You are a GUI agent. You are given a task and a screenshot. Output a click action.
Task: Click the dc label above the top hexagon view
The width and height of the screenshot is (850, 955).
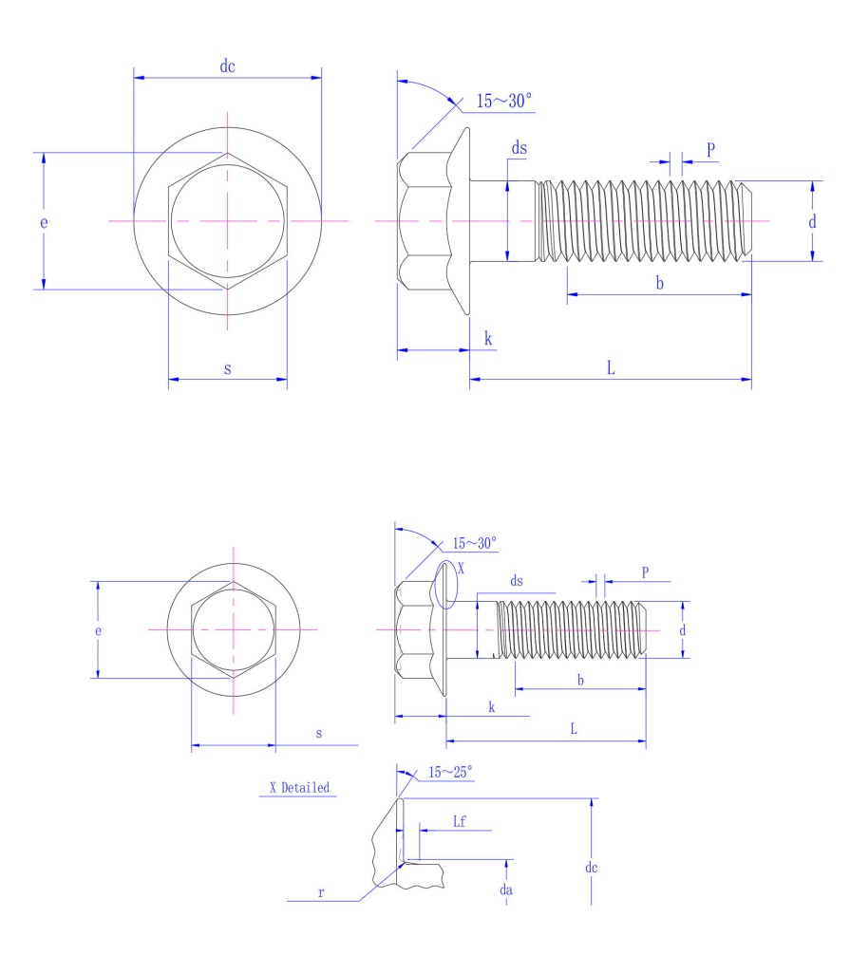(227, 66)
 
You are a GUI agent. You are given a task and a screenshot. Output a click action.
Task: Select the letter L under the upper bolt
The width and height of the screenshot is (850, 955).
(611, 368)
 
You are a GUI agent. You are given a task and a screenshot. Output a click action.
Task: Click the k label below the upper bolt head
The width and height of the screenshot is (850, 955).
(488, 339)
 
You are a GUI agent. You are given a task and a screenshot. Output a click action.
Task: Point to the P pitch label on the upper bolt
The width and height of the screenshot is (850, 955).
(710, 150)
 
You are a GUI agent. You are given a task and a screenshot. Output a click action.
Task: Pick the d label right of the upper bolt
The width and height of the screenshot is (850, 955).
(812, 222)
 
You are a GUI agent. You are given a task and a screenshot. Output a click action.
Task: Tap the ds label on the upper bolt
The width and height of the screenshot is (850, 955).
(519, 148)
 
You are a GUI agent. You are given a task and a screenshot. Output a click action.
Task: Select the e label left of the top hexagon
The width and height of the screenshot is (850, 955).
(44, 221)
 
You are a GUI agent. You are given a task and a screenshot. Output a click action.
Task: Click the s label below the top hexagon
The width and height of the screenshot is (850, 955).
(227, 368)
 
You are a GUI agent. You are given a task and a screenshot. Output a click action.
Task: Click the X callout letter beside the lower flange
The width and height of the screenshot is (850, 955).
(462, 568)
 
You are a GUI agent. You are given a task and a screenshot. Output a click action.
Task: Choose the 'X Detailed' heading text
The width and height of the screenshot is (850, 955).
(299, 787)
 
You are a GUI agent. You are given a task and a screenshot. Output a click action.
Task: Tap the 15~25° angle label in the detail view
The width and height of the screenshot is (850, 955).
(449, 773)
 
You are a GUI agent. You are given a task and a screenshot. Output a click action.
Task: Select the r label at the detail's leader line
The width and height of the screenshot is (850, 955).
(322, 892)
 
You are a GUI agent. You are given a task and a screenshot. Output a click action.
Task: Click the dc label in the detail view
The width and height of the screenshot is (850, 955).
(591, 867)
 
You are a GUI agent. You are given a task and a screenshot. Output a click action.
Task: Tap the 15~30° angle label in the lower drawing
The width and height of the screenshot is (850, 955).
(474, 544)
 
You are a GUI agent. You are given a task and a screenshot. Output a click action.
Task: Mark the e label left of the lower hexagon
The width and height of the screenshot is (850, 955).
(98, 630)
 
